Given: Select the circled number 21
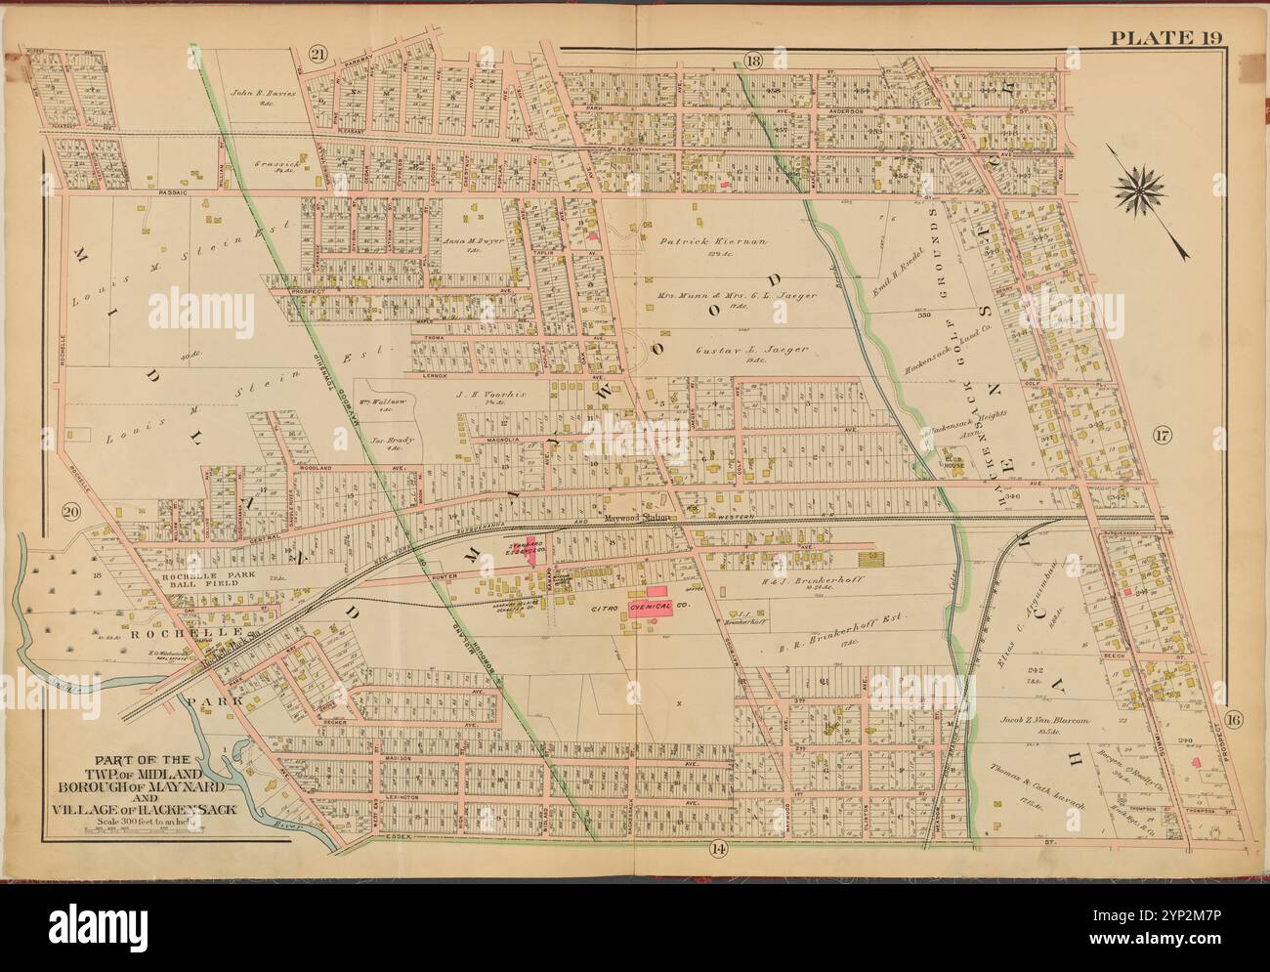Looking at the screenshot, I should click(317, 55).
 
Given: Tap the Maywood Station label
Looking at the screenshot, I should click(636, 519).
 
